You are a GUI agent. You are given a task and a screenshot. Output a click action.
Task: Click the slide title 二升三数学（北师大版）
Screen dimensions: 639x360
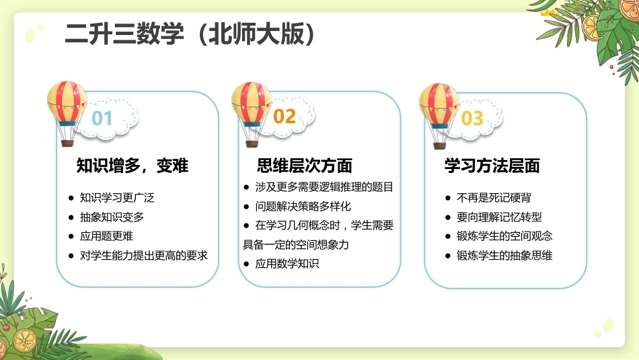190,34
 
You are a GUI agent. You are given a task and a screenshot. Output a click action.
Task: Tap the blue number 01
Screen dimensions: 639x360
102,118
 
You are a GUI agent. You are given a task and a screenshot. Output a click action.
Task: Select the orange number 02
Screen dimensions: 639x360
284,116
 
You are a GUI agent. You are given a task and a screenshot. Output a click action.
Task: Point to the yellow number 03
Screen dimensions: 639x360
472,118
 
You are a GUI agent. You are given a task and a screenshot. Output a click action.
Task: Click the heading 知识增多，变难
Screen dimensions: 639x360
133,166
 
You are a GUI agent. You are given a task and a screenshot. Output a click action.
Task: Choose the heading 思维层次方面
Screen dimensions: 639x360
305,166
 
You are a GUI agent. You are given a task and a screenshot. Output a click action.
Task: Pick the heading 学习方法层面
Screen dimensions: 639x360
492,166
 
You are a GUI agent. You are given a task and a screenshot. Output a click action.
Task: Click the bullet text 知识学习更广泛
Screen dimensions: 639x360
117,198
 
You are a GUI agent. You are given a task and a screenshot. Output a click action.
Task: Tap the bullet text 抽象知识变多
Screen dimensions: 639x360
112,217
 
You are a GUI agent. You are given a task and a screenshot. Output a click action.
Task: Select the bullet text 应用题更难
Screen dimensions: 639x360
106,236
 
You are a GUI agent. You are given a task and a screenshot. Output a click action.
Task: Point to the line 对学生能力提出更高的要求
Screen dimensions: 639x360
143,256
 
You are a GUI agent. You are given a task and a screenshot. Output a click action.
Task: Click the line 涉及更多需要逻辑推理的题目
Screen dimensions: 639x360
324,187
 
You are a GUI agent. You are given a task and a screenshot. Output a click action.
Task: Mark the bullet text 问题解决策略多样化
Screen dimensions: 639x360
303,207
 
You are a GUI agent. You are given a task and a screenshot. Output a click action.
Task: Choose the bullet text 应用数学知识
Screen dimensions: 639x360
287,264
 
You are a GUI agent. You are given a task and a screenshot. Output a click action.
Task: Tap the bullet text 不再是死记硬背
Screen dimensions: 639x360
494,198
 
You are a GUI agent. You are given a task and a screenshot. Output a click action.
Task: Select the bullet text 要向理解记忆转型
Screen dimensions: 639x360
499,217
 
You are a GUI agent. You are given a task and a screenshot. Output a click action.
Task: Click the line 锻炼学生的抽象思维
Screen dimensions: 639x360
504,256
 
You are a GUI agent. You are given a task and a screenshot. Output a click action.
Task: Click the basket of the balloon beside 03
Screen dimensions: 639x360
439,145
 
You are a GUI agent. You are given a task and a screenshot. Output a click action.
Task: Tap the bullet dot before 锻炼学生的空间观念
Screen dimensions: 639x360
448,236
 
